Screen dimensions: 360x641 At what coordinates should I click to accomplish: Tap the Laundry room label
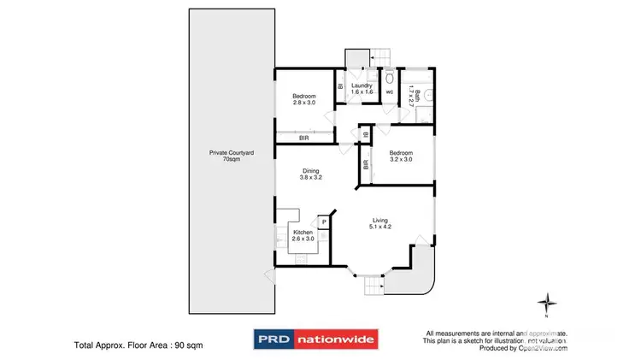[x=361, y=88]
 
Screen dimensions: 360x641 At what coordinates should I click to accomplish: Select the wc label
[x=389, y=91]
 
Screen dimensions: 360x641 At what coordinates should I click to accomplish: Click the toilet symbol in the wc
[x=389, y=76]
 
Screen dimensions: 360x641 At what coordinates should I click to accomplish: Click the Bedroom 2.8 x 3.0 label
[x=304, y=98]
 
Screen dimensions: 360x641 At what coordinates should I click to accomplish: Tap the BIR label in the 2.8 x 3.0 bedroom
[x=304, y=138]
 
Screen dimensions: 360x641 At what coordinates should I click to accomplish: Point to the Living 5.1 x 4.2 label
[x=379, y=223]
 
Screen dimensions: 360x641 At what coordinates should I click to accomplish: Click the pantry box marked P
[x=325, y=222]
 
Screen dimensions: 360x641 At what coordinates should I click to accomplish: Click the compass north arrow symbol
[x=548, y=302]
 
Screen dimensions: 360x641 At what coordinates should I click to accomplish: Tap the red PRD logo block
[x=274, y=339]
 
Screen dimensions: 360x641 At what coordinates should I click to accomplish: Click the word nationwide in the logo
[x=336, y=339]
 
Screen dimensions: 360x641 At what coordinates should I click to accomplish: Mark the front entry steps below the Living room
[x=371, y=284]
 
